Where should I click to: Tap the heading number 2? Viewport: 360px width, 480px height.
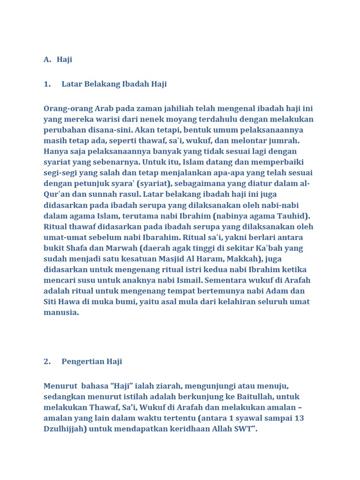(47, 361)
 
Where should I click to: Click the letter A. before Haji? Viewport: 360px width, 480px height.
(47, 60)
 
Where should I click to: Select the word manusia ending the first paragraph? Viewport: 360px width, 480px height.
(61, 313)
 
